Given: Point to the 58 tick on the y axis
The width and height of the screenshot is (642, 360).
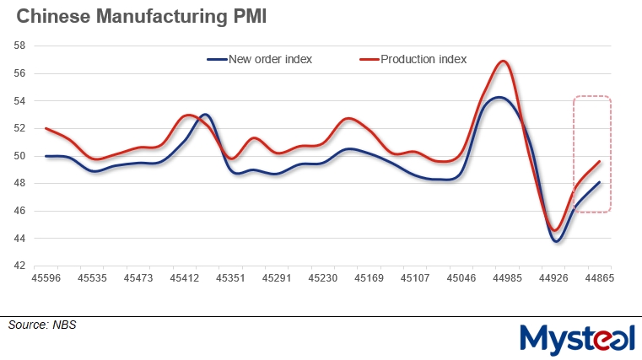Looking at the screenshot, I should pyautogui.click(x=19, y=46).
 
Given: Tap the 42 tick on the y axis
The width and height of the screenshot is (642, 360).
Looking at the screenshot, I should pyautogui.click(x=19, y=266).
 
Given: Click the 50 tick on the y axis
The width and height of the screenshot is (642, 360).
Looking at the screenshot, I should pyautogui.click(x=19, y=156).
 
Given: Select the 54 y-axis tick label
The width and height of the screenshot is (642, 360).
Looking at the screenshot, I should pyautogui.click(x=19, y=101).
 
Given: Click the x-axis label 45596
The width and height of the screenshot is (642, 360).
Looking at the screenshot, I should pyautogui.click(x=46, y=277).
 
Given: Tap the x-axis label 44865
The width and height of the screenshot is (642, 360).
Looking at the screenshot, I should pyautogui.click(x=599, y=277).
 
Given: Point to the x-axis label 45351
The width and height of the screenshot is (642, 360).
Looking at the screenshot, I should pyautogui.click(x=230, y=277).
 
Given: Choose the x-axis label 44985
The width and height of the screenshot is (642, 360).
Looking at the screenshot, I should pyautogui.click(x=507, y=277).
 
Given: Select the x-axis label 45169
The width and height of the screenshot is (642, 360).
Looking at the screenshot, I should pyautogui.click(x=369, y=277).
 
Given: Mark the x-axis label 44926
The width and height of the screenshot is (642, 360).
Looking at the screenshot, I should pyautogui.click(x=553, y=277).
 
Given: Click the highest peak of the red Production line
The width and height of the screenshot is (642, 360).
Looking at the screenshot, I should pyautogui.click(x=504, y=61).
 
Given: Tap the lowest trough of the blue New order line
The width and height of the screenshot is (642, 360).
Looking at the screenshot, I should pyautogui.click(x=556, y=241).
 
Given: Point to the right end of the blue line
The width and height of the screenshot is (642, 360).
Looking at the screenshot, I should pyautogui.click(x=599, y=182).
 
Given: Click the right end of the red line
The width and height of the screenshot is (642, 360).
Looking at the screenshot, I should pyautogui.click(x=599, y=161).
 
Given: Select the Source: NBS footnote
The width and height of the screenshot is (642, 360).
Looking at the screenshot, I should pyautogui.click(x=42, y=325).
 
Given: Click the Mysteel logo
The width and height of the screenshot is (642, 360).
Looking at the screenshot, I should pyautogui.click(x=576, y=339).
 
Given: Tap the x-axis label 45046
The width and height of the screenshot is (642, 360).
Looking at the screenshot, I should pyautogui.click(x=461, y=277).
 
